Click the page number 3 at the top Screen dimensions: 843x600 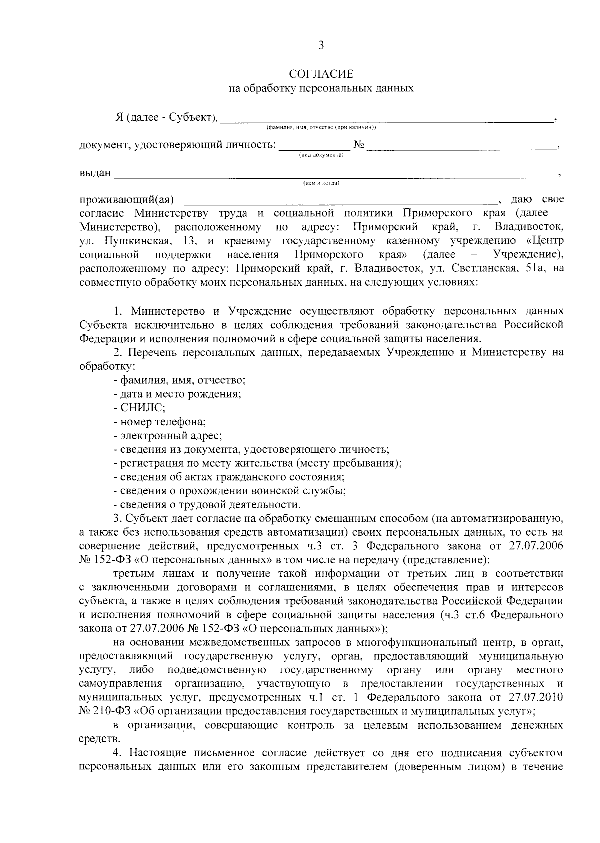(321, 46)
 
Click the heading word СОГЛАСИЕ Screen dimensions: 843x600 (321, 75)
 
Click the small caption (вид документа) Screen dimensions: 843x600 (321, 155)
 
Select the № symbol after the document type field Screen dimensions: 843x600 (359, 145)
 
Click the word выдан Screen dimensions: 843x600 (95, 173)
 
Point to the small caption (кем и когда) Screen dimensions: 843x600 (321, 183)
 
